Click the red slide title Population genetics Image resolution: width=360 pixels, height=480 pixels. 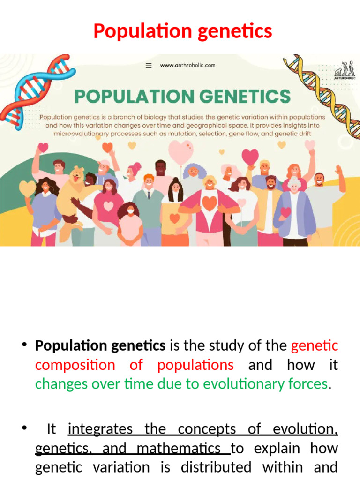tap(182, 31)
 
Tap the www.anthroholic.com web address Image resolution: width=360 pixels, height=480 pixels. tap(187, 66)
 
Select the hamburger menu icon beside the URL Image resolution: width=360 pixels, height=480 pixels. tap(149, 66)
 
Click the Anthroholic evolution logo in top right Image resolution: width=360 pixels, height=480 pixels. tap(344, 70)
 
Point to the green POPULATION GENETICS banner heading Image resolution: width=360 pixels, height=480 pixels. tap(182, 97)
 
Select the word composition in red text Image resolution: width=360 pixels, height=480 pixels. tap(75, 365)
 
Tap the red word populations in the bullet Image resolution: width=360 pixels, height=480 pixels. tap(195, 365)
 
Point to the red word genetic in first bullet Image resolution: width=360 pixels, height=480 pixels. tap(314, 346)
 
